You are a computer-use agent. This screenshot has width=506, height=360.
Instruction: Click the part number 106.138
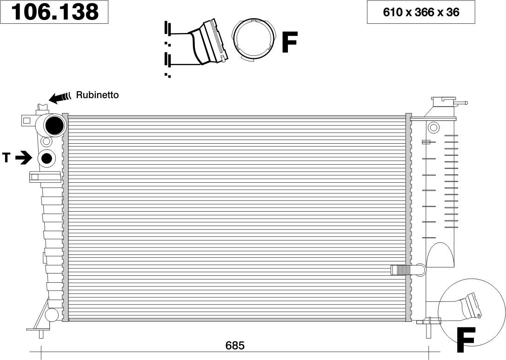click(55, 12)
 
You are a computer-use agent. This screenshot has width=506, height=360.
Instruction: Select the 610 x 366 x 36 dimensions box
click(421, 12)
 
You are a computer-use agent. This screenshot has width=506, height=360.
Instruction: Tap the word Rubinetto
click(97, 95)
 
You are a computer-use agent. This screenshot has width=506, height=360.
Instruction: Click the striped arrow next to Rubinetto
click(60, 98)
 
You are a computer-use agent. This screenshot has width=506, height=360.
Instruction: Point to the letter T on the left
click(6, 158)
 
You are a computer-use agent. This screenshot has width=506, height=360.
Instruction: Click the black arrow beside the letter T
click(24, 158)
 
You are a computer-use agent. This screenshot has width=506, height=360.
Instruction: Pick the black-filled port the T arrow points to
click(47, 158)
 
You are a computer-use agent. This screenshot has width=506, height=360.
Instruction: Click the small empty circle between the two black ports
click(47, 141)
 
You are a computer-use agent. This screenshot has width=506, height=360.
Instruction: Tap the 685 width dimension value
click(235, 346)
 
